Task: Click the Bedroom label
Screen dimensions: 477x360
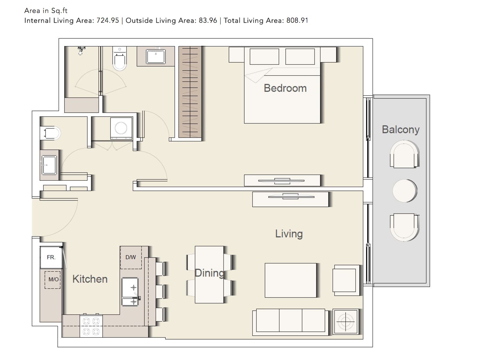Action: coord(285,88)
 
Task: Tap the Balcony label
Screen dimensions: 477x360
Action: coord(401,130)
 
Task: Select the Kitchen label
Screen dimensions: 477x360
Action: coord(90,279)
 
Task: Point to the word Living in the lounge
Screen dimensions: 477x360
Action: coord(289,234)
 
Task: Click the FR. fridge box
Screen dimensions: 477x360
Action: coord(51,257)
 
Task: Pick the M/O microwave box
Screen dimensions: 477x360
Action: coord(53,280)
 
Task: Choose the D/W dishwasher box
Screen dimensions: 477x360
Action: coord(131,257)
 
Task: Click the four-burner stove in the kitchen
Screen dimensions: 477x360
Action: coord(91,326)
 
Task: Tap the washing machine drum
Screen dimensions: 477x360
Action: coord(121,128)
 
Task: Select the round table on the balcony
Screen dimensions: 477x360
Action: coord(405,191)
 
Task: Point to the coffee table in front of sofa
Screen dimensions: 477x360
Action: coord(290,280)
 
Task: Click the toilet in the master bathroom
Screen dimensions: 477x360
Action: coord(120,59)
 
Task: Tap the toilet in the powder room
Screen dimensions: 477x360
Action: coord(50,133)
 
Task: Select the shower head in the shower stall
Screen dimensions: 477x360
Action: coord(81,50)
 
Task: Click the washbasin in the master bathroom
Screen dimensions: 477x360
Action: coord(156,56)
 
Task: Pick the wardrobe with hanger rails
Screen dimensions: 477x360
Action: coord(190,92)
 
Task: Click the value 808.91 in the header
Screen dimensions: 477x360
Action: coord(297,20)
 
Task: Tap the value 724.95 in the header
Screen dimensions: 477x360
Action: coord(108,20)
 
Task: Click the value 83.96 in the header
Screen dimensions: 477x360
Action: coord(208,20)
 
